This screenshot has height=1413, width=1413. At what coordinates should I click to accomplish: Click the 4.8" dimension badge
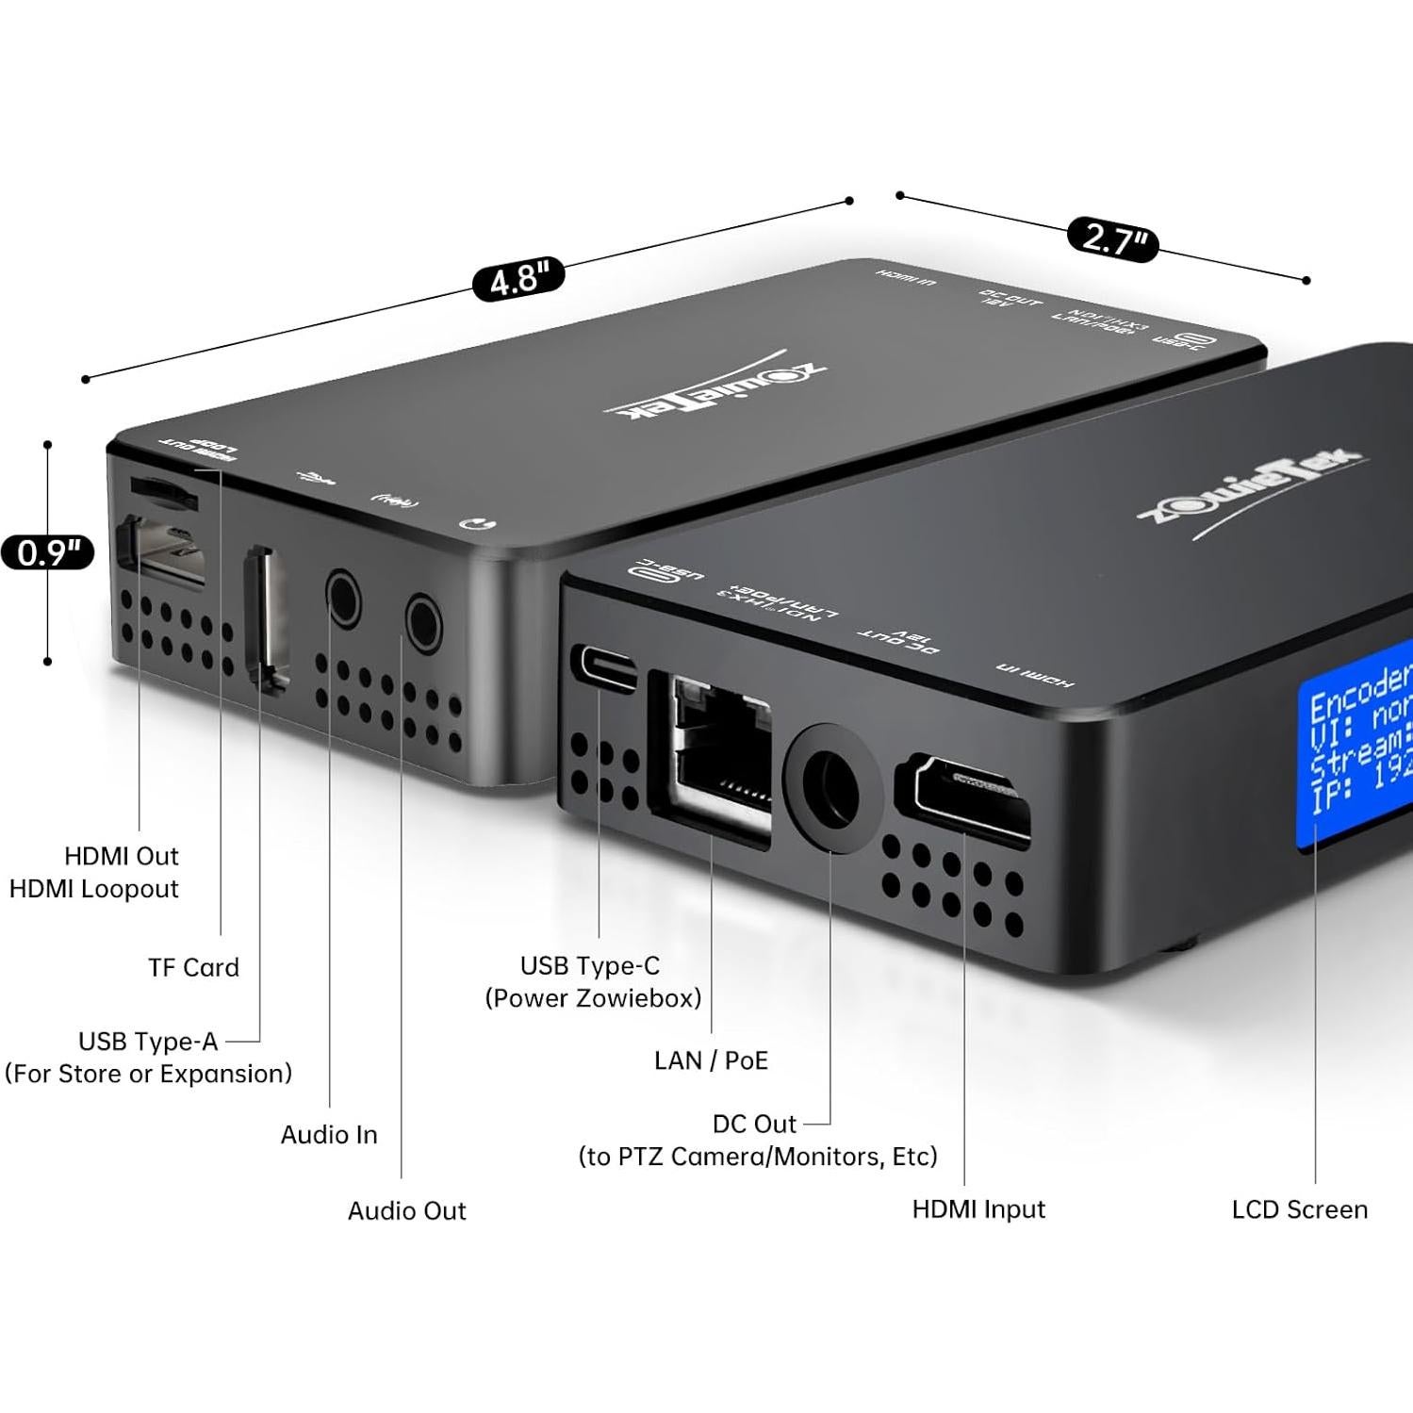pyautogui.click(x=518, y=279)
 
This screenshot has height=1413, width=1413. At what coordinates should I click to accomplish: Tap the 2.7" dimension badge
pyautogui.click(x=1112, y=238)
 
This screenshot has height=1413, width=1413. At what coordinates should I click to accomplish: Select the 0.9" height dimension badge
pyautogui.click(x=47, y=552)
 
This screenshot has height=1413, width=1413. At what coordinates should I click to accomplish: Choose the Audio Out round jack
pyautogui.click(x=423, y=621)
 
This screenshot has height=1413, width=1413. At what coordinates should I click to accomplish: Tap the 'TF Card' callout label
pyautogui.click(x=193, y=967)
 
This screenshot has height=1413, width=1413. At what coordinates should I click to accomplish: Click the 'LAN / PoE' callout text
pyautogui.click(x=711, y=1060)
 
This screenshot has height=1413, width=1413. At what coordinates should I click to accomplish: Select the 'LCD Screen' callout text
pyautogui.click(x=1299, y=1209)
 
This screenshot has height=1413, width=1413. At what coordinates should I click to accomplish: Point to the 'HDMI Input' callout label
pyautogui.click(x=978, y=1209)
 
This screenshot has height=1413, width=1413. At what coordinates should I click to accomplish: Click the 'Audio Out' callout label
pyautogui.click(x=406, y=1210)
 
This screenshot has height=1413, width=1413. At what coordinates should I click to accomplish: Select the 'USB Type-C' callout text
pyautogui.click(x=590, y=965)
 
